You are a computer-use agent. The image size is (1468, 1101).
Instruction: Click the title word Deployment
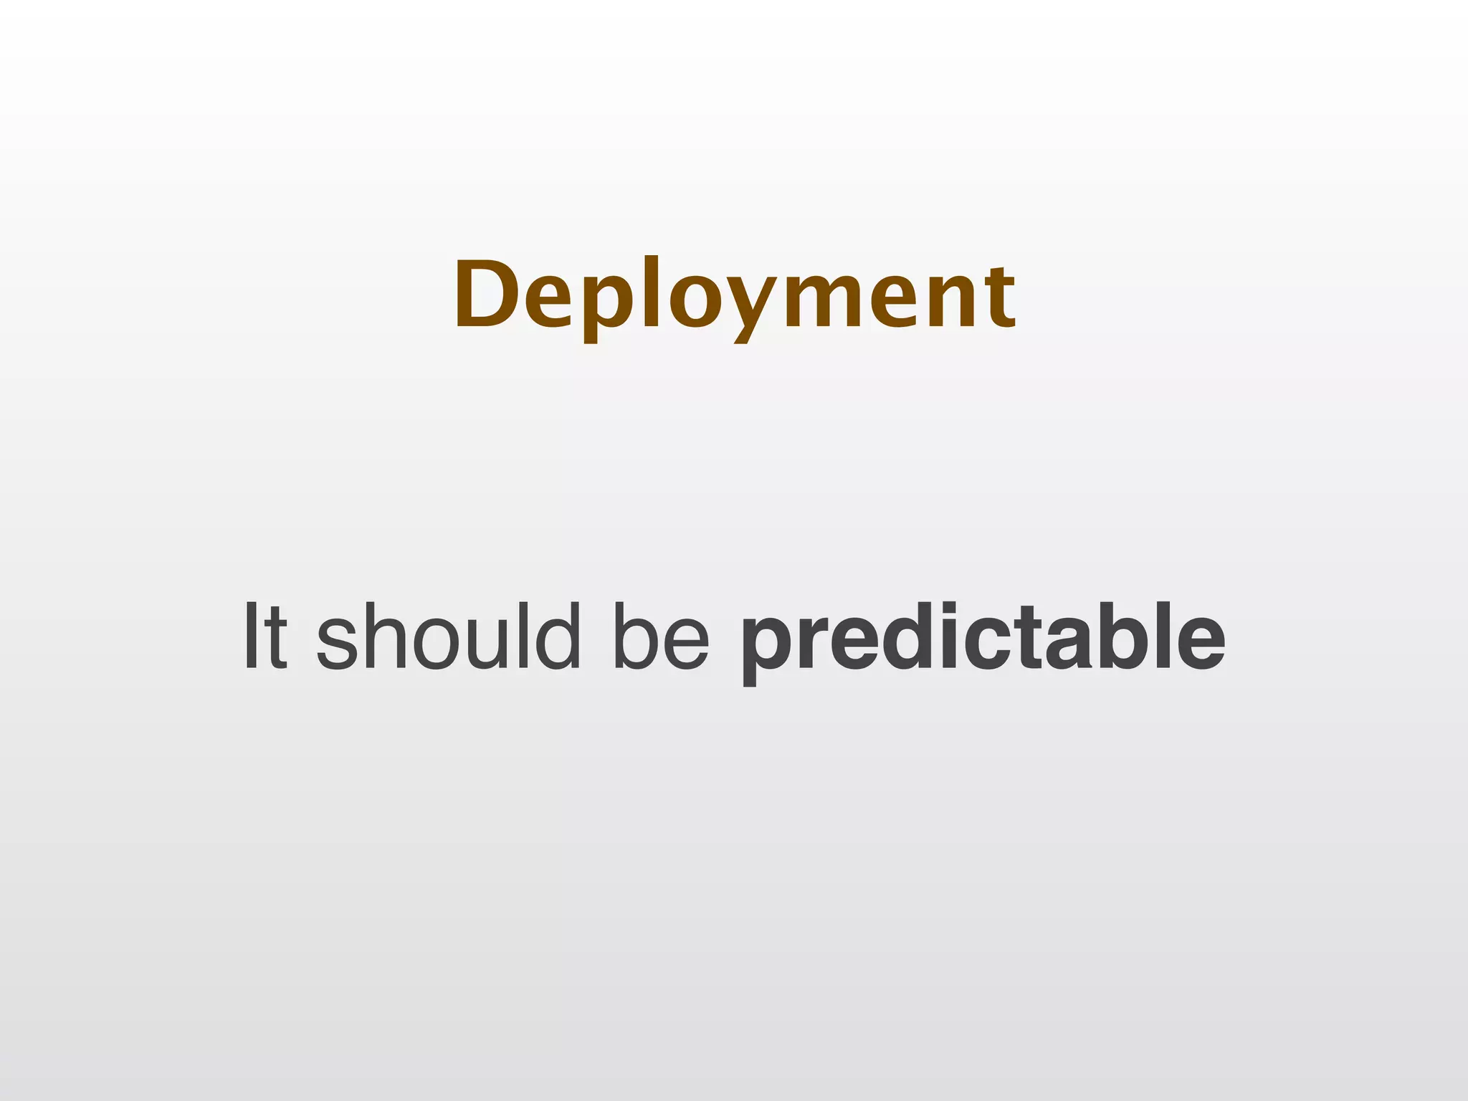pyautogui.click(x=734, y=295)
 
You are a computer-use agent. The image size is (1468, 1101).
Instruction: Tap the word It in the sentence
pyautogui.click(x=266, y=637)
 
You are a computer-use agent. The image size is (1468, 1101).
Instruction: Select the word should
pyautogui.click(x=448, y=637)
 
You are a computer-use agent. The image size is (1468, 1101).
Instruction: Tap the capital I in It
pyautogui.click(x=251, y=637)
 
